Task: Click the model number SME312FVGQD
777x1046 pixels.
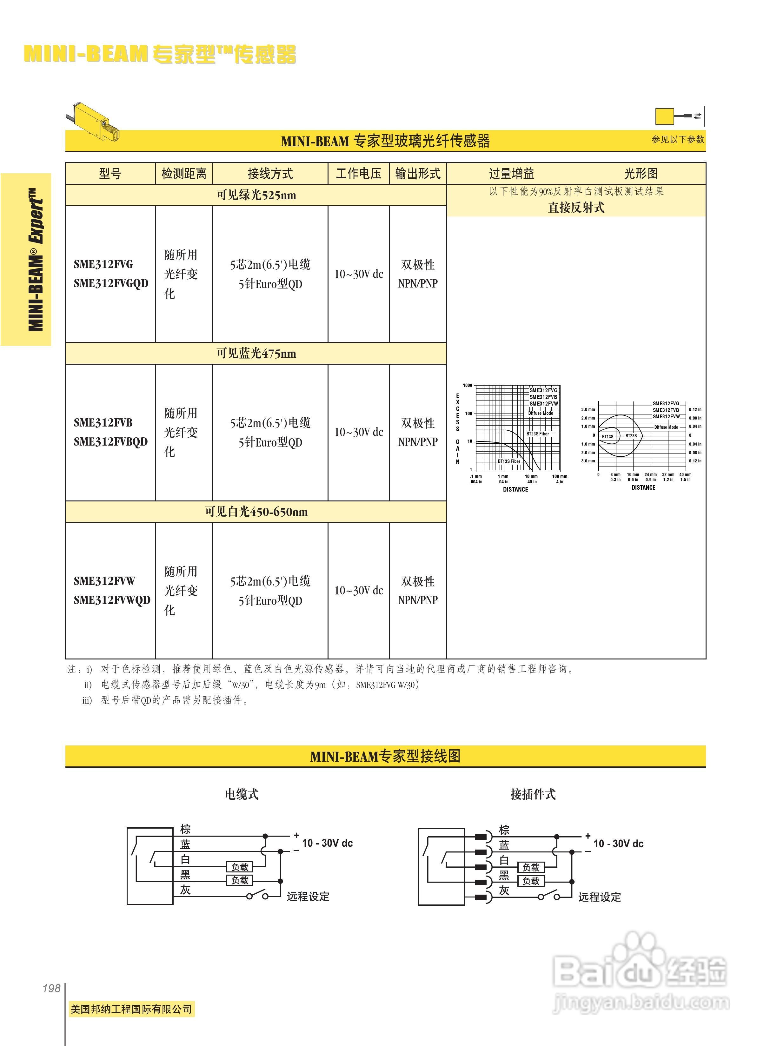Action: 111,284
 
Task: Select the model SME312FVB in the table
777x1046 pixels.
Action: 103,422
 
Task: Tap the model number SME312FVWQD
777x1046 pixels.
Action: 112,600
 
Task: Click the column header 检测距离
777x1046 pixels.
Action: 184,174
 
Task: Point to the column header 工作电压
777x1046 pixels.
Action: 358,174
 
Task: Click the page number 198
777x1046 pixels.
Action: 51,988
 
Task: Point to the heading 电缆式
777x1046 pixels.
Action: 241,794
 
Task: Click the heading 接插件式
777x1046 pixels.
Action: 533,794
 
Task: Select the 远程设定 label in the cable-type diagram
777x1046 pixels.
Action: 308,897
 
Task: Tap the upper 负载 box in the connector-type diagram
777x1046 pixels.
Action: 531,867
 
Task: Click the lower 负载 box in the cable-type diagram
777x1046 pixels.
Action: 240,880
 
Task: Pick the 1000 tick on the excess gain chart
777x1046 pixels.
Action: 468,385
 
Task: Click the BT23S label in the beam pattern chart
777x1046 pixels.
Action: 631,436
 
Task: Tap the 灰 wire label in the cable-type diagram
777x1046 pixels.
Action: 185,890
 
